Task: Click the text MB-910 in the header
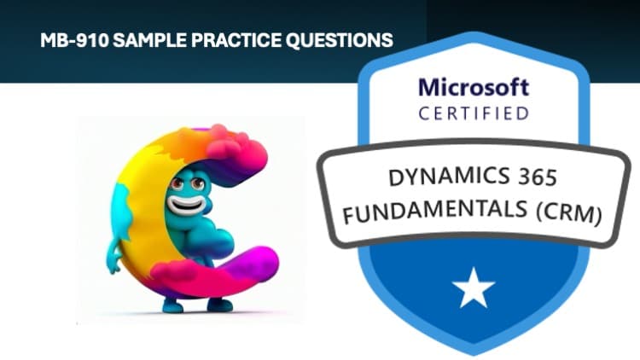click(69, 39)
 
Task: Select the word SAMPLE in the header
click(138, 39)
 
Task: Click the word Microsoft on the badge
click(474, 86)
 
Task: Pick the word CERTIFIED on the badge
click(474, 113)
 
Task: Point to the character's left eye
click(177, 183)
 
